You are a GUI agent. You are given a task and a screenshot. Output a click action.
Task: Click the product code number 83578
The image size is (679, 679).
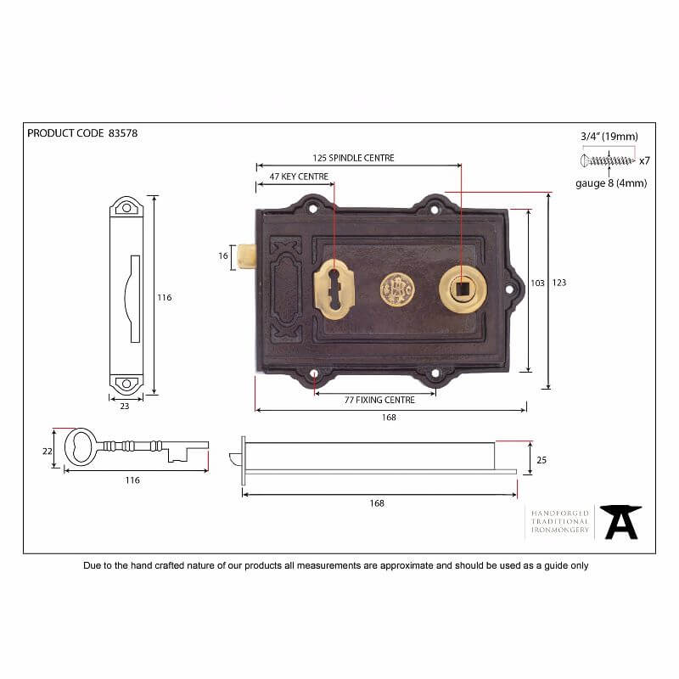123,133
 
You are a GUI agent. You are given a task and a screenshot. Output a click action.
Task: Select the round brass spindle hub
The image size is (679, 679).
463,289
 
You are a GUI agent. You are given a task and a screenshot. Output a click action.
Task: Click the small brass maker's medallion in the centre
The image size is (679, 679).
396,290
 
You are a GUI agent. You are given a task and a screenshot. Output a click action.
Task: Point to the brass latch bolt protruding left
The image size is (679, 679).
247,256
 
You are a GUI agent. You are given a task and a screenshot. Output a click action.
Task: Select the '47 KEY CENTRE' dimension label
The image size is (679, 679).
298,177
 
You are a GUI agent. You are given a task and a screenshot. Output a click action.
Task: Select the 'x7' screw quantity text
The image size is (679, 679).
644,160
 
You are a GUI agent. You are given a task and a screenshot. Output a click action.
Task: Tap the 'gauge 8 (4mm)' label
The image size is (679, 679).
610,183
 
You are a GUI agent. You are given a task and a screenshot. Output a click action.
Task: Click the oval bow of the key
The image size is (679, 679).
81,446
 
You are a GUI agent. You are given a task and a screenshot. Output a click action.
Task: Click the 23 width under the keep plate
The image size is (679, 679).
125,407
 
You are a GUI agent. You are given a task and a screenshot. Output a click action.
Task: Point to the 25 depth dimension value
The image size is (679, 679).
541,459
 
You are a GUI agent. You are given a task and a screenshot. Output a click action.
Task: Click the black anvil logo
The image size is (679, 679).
620,521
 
